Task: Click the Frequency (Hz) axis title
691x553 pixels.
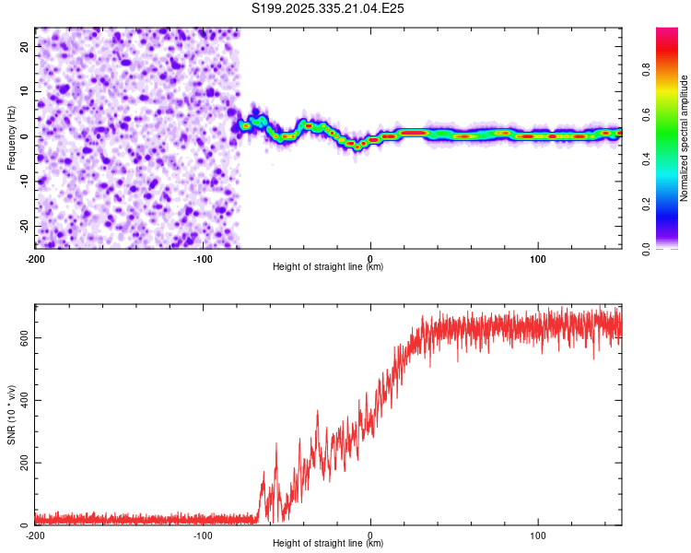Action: click(11, 138)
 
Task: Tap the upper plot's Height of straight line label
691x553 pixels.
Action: click(328, 266)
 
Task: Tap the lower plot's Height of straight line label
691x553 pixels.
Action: click(328, 543)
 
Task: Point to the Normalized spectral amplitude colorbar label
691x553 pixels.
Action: click(684, 138)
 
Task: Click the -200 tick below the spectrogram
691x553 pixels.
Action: click(35, 259)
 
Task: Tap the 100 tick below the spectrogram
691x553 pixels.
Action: click(538, 259)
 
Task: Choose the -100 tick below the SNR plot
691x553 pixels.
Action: click(203, 535)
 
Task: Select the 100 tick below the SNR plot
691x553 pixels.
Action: click(538, 535)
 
